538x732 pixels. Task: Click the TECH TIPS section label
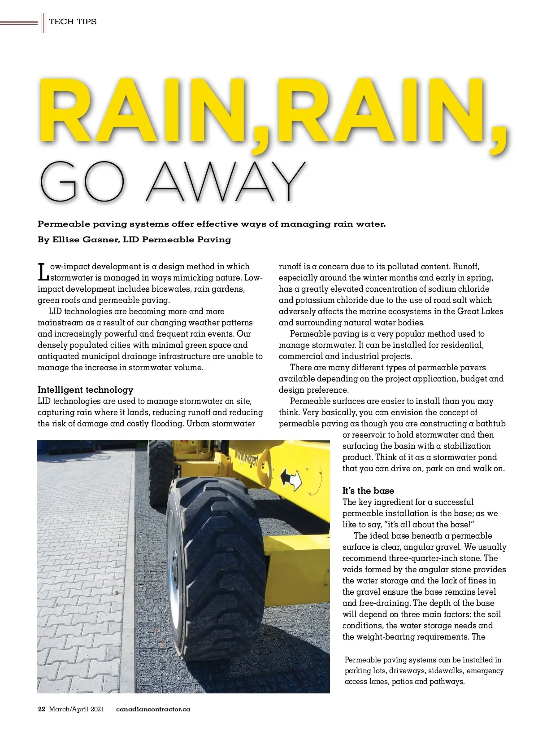tap(73, 22)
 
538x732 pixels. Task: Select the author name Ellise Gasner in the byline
tap(86, 240)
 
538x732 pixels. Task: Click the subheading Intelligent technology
tap(85, 390)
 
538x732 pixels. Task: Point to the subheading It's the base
tap(368, 491)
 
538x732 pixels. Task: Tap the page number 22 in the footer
tap(42, 709)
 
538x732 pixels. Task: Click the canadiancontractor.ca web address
tap(153, 709)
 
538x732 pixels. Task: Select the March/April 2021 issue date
tap(76, 709)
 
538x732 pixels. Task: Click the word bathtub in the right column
tap(490, 424)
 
